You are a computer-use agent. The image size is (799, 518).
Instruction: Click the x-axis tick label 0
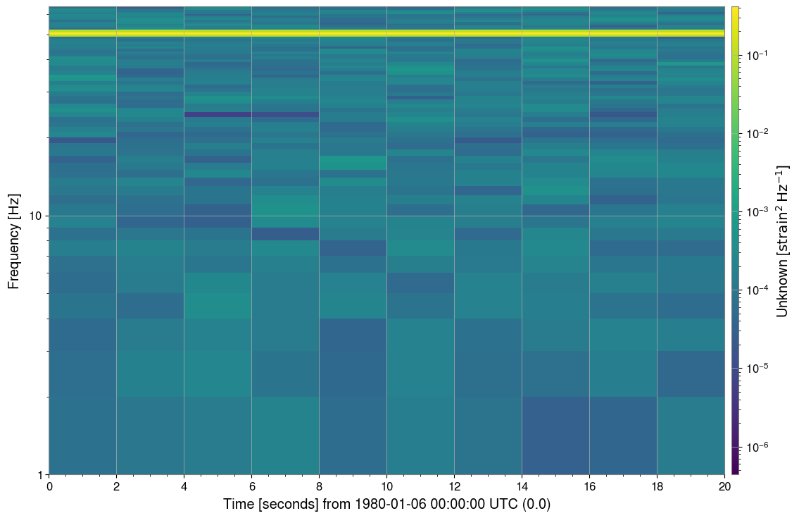click(49, 486)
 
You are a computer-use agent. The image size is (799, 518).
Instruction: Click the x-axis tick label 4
click(184, 486)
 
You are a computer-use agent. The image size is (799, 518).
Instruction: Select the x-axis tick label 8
click(320, 486)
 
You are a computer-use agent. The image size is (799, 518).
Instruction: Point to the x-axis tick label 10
click(386, 486)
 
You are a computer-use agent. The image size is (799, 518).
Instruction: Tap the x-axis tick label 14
click(522, 486)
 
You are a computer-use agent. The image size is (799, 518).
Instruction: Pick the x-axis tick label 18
click(657, 486)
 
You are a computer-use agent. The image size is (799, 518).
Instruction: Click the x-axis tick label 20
click(724, 486)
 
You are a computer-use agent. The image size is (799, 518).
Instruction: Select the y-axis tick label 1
click(40, 474)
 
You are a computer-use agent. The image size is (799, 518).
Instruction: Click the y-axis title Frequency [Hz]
click(13, 240)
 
